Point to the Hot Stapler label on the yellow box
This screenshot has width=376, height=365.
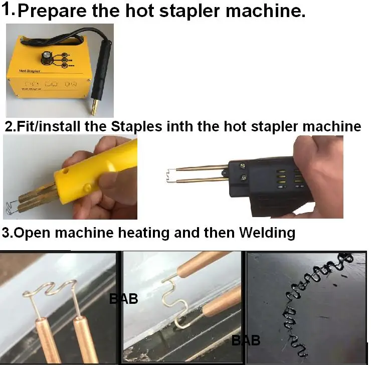tap(30, 72)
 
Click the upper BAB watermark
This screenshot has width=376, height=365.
tap(123, 299)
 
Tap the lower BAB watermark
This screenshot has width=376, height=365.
tap(246, 341)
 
